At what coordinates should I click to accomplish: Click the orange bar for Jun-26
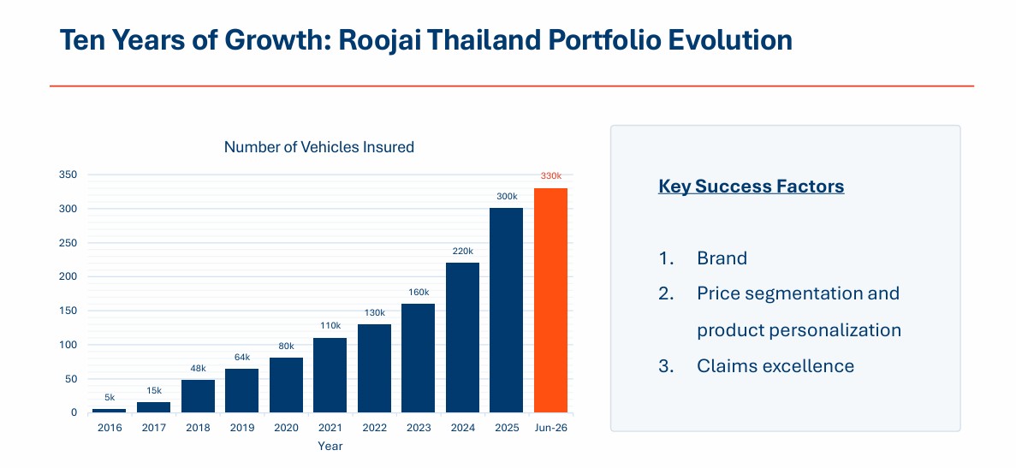click(x=550, y=300)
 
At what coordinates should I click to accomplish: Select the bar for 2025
click(x=506, y=310)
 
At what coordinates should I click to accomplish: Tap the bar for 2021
click(x=330, y=375)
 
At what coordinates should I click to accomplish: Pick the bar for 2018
click(x=198, y=396)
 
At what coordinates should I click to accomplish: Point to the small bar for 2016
click(x=110, y=411)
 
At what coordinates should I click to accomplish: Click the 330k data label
click(x=550, y=176)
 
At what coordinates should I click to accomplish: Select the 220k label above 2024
click(x=463, y=252)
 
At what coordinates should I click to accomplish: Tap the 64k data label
click(x=241, y=357)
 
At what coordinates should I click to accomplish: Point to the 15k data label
click(x=153, y=390)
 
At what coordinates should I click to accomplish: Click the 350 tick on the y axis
click(x=68, y=175)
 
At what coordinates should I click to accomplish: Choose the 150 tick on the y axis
click(x=68, y=311)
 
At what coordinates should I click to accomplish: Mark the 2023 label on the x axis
click(x=418, y=428)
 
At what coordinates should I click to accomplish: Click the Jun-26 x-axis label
click(x=550, y=428)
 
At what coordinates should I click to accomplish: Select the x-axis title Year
click(x=330, y=446)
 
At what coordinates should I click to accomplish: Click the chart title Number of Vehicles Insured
click(x=318, y=147)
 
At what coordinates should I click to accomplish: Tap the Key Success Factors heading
click(x=751, y=187)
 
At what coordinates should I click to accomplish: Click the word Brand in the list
click(x=722, y=258)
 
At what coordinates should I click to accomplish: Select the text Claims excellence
click(x=775, y=365)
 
